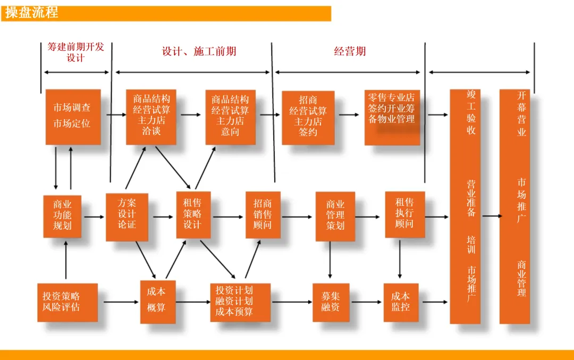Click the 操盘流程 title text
[31, 13]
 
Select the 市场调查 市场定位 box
[73, 117]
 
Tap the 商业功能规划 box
[62, 216]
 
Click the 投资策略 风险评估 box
[67, 303]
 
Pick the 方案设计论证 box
[127, 217]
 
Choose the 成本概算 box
[158, 302]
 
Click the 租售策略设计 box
[193, 215]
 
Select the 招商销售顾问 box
[263, 215]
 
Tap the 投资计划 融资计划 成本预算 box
[240, 303]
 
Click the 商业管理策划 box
[335, 216]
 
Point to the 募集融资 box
[331, 303]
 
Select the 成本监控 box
[401, 303]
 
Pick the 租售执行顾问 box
[405, 215]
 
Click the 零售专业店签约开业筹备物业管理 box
[392, 118]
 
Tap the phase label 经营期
[350, 51]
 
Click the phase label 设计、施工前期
[199, 51]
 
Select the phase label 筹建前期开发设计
[76, 52]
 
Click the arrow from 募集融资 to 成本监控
[366, 302]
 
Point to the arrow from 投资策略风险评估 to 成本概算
[121, 302]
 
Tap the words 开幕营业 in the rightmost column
[521, 114]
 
